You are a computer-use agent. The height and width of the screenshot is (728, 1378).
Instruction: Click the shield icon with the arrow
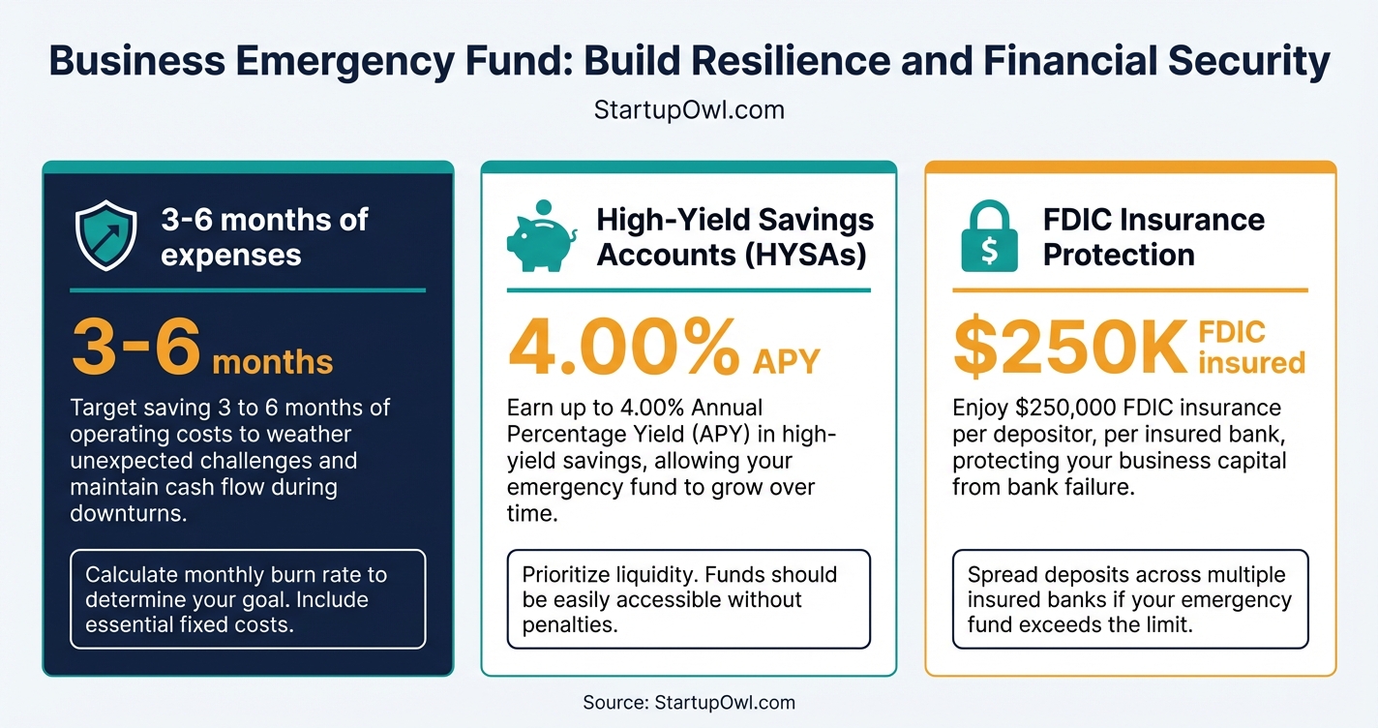click(105, 235)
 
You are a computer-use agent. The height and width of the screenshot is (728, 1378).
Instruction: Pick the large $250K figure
click(1069, 349)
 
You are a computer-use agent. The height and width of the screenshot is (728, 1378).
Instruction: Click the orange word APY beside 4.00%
click(785, 361)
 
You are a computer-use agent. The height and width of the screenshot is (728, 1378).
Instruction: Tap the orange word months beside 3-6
click(272, 362)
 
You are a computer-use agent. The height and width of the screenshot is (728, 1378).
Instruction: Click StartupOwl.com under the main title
click(688, 110)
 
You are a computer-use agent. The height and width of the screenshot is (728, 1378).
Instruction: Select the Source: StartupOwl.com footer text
click(688, 703)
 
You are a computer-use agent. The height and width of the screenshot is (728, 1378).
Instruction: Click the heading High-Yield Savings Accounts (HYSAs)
click(734, 236)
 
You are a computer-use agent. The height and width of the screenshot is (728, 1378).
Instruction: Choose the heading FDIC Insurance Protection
click(1153, 236)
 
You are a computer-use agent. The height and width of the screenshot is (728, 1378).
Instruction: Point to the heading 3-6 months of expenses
click(264, 236)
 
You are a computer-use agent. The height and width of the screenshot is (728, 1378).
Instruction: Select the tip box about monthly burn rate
click(248, 599)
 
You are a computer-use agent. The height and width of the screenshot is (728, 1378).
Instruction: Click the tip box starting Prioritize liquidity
click(688, 599)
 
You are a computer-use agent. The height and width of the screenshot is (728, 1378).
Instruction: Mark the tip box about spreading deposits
click(1129, 599)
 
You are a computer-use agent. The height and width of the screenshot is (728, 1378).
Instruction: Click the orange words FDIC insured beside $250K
click(1251, 348)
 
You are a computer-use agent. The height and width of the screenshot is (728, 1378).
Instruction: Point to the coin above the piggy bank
click(543, 206)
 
